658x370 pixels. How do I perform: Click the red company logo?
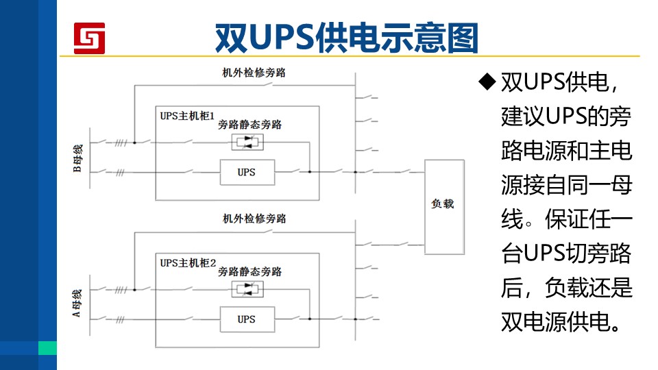pos(89,38)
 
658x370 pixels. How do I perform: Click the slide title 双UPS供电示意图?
pos(347,38)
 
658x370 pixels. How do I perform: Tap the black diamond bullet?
pos(487,82)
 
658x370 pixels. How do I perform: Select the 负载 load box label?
pos(443,204)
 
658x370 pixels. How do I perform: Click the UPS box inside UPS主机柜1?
pos(247,172)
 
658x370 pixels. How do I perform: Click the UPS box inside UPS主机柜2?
pos(247,319)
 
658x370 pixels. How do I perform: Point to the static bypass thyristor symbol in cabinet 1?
pos(247,142)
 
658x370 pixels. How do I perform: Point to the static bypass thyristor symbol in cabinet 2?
pos(247,289)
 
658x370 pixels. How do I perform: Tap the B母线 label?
pos(77,158)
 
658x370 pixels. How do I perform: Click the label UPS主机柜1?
pos(187,116)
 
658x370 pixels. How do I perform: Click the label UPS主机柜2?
pos(188,263)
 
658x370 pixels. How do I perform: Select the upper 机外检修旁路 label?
pos(254,73)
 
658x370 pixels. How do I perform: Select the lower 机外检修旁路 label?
pos(254,219)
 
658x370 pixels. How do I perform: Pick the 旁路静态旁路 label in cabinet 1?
pos(249,125)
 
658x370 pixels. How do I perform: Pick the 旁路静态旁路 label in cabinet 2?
pos(249,272)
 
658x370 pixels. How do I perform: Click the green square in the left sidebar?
pos(47,348)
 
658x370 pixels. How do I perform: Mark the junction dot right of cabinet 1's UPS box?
pos(310,172)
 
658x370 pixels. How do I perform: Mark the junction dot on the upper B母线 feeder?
pos(135,143)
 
